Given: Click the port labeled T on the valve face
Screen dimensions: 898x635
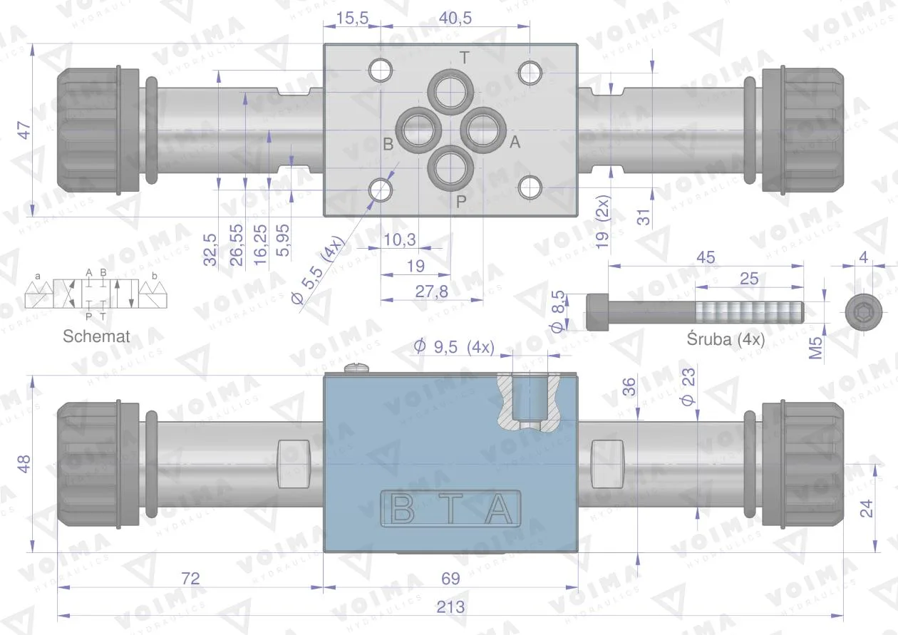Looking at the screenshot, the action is [x=450, y=92].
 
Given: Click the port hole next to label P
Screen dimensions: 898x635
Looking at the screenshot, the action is [x=450, y=168].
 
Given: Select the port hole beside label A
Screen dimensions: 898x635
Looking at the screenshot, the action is [x=483, y=130].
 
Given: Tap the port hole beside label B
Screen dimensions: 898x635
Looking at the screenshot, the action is [x=418, y=130].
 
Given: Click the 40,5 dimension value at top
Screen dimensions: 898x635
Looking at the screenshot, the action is [x=455, y=18].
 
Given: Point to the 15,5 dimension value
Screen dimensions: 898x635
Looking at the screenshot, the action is [x=352, y=18].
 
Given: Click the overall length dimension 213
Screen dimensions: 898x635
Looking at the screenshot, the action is [x=450, y=606].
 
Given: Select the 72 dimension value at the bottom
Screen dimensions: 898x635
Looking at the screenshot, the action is [x=190, y=578].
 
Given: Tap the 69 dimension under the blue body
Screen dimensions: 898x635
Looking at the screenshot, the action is [x=450, y=578].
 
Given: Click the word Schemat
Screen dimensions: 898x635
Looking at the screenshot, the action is [x=96, y=336].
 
